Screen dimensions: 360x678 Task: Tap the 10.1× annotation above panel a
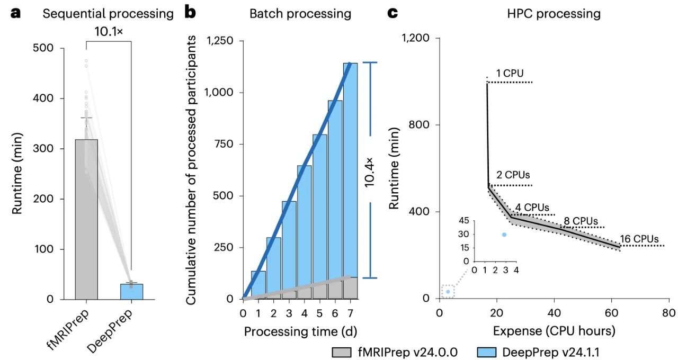(x=109, y=31)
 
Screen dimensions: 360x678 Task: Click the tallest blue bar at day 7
(x=350, y=169)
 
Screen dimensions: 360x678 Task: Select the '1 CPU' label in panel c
(x=510, y=73)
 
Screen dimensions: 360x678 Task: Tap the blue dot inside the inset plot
(x=504, y=234)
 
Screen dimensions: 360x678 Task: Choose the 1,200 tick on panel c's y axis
(x=417, y=38)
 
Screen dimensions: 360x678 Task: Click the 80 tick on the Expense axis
(x=668, y=313)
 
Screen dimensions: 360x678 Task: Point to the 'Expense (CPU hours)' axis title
(x=554, y=331)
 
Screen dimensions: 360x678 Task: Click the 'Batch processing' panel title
(x=300, y=13)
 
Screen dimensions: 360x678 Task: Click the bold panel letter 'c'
(x=392, y=13)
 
